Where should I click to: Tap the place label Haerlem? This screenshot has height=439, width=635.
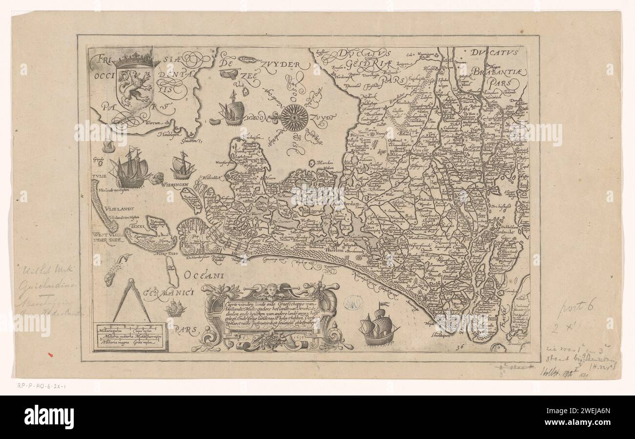click(x=336, y=250)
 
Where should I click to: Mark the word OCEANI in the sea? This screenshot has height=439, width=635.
click(x=204, y=276)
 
